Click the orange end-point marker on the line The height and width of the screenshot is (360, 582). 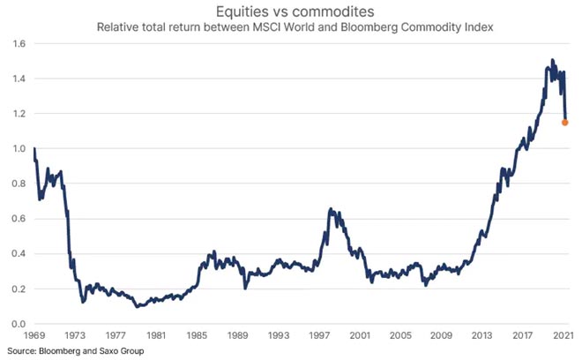(565, 123)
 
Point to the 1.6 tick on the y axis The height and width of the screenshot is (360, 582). (18, 43)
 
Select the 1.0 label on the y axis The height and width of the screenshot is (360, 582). (18, 148)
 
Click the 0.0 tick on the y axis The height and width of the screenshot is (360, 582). (18, 324)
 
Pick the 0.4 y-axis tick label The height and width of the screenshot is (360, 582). (18, 254)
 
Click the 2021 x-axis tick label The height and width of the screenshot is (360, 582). (565, 336)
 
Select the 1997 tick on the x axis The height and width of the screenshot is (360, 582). (319, 336)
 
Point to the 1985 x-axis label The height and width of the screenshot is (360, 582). (196, 336)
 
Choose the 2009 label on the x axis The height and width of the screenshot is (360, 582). (442, 336)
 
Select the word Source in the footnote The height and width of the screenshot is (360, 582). (19, 351)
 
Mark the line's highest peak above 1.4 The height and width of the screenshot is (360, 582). (552, 60)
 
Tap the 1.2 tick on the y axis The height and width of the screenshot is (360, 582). (18, 114)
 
